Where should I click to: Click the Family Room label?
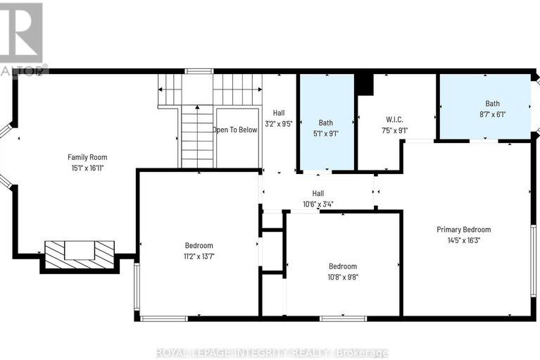(87, 157)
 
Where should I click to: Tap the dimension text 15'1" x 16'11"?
(87, 168)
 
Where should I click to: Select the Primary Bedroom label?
(463, 230)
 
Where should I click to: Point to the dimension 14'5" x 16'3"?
(463, 240)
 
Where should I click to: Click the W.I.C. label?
(393, 118)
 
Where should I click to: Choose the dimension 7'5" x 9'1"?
(393, 130)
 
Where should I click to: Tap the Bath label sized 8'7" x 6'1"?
(492, 104)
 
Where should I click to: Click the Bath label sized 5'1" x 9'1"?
(326, 122)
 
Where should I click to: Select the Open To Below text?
(235, 130)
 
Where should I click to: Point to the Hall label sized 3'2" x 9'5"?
(280, 113)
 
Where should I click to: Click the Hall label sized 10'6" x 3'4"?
(318, 193)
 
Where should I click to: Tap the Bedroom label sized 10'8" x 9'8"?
(343, 266)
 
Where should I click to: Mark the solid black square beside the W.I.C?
(363, 83)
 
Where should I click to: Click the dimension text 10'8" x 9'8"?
(343, 278)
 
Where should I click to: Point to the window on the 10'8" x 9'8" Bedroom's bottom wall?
(343, 318)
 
